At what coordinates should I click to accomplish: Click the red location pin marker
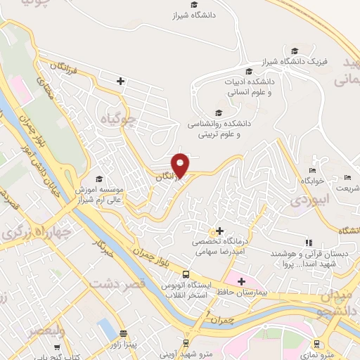(181, 165)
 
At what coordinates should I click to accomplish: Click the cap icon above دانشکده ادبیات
(248, 71)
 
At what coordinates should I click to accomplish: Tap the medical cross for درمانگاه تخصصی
(219, 231)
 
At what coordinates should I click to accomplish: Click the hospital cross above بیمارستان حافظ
(241, 281)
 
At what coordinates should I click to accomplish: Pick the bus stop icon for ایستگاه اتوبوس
(186, 274)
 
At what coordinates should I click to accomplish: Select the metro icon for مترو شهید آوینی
(186, 344)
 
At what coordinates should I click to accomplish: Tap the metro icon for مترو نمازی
(316, 344)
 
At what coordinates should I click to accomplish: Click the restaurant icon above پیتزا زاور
(124, 333)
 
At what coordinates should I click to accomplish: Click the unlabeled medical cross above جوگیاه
(121, 82)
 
